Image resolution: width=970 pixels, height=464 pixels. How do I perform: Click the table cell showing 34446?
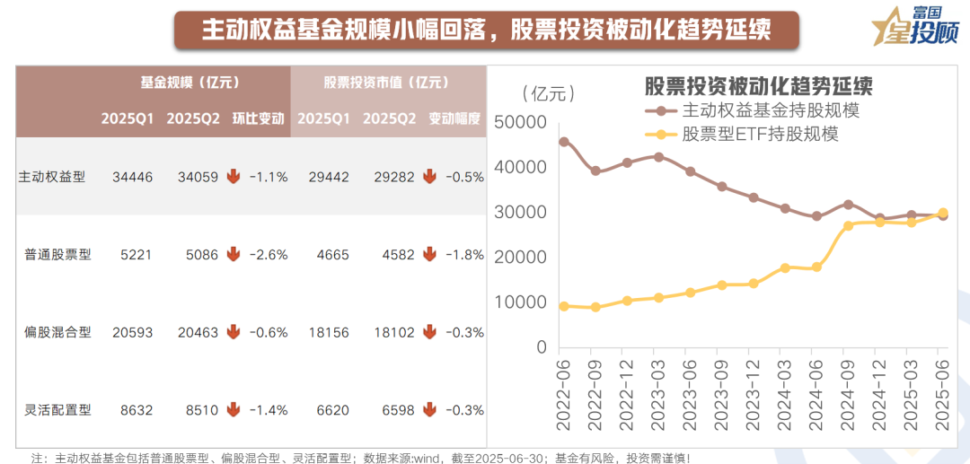133,178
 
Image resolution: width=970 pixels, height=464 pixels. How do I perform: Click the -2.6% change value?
268,255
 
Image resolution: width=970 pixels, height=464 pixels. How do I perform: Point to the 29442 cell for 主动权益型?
329,178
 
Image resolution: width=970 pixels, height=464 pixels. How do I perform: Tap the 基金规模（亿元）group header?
189,83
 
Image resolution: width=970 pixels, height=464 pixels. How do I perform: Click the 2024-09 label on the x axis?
846,394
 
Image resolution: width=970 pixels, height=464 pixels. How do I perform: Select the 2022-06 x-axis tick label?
564,394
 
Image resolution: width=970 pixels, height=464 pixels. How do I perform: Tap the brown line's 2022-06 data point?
564,142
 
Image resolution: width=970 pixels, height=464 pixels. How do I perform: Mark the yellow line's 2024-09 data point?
847,226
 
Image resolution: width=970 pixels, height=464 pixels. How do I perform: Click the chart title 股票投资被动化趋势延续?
759,86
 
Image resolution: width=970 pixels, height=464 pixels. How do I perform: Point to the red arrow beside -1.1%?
234,177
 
